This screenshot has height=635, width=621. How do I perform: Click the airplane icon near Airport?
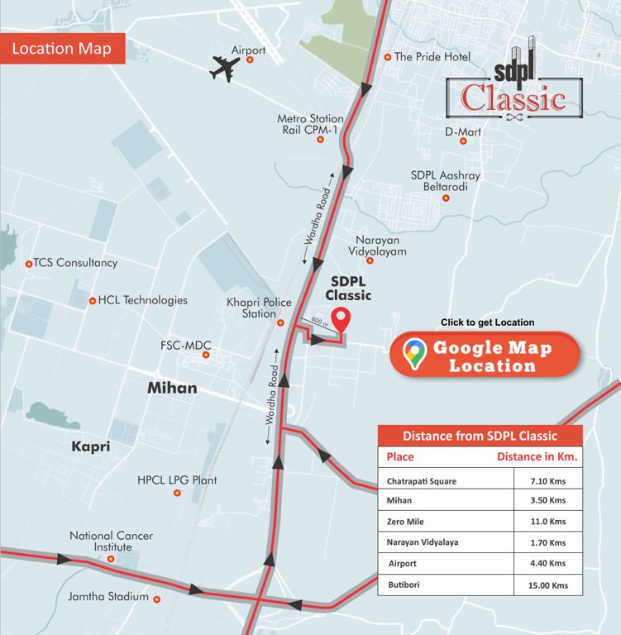[225, 69]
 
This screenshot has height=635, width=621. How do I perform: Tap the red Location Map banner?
[62, 49]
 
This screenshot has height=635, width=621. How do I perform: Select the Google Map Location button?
[485, 355]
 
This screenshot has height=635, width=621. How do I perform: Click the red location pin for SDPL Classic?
[340, 318]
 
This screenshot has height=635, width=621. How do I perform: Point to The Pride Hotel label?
[432, 57]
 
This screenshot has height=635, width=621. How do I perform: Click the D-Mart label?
[463, 131]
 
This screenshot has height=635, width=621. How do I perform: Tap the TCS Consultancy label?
[75, 263]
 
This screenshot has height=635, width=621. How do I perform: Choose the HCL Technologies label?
[142, 300]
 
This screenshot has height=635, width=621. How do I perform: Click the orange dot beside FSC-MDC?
[207, 356]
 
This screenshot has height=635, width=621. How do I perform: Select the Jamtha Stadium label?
[109, 597]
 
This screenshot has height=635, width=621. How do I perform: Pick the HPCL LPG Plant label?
[177, 480]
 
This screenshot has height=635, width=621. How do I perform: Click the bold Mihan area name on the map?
[172, 388]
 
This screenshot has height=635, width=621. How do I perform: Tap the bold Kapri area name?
[90, 446]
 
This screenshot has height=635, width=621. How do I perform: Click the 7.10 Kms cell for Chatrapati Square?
[547, 480]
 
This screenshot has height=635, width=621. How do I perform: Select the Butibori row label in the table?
[404, 585]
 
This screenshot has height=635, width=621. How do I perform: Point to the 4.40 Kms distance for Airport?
[547, 563]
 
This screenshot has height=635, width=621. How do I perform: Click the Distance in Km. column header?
[537, 456]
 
